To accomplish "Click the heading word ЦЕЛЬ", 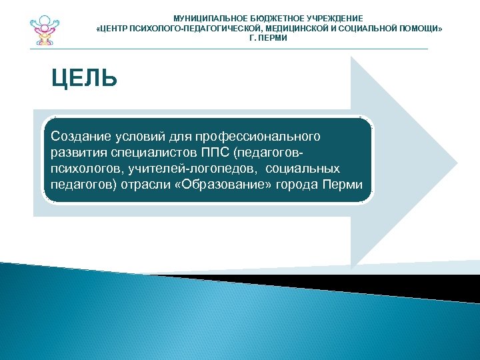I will pos(85,79).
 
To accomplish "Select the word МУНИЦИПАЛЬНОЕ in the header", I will pos(203,19).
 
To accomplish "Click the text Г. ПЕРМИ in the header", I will pos(268,39).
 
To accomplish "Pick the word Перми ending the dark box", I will pos(347,185).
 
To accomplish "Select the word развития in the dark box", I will pos(75,153).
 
